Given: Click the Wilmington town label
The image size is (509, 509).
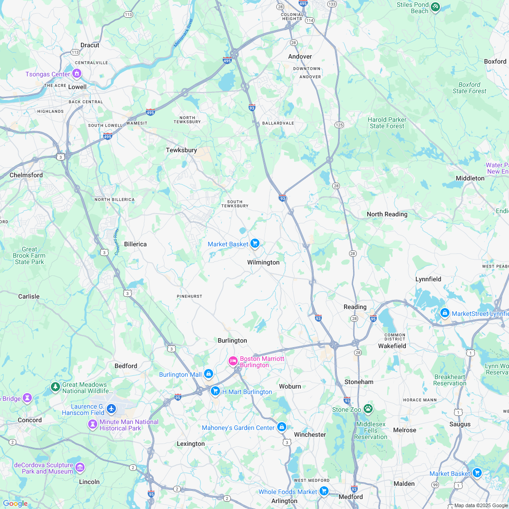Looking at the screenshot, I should [x=263, y=263].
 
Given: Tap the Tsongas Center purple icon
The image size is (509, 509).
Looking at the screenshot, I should [x=77, y=73].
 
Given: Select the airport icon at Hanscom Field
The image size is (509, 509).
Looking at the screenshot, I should [x=111, y=409].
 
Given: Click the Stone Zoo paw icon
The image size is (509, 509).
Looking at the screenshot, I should [x=368, y=409].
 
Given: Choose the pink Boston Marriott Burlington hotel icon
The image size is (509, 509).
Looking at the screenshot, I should [x=233, y=361].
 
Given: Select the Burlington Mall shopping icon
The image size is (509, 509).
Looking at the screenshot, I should [x=209, y=374].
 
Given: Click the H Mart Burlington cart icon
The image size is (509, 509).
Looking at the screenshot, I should [x=215, y=391].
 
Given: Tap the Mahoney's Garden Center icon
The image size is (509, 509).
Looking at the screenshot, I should [x=282, y=427].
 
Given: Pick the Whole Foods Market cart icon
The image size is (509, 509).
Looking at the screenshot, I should [x=324, y=491].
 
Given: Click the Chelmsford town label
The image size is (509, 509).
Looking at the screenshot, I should [x=26, y=175].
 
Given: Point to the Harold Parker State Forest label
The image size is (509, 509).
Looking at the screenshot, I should [x=387, y=123].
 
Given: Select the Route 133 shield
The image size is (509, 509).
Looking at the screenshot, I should [x=332, y=4].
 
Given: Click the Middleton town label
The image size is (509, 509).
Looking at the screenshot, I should [x=470, y=178].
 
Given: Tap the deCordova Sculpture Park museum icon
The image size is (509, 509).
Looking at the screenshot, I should [x=80, y=467].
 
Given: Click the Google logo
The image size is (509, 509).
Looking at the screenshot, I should [x=15, y=503].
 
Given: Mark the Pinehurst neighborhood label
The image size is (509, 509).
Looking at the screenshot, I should [x=190, y=296].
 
